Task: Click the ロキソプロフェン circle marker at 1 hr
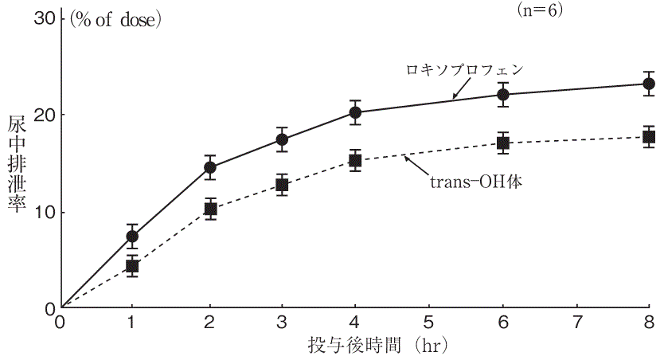[133, 236]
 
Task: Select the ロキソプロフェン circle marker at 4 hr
[355, 112]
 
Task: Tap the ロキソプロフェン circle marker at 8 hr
[649, 84]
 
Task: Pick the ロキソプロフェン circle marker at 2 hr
[210, 167]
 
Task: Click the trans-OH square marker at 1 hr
[133, 266]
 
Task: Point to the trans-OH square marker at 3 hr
[282, 185]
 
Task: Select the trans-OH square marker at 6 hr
[502, 143]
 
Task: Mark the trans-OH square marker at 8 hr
[649, 137]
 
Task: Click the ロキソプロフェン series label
[462, 69]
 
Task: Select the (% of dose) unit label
[116, 19]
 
